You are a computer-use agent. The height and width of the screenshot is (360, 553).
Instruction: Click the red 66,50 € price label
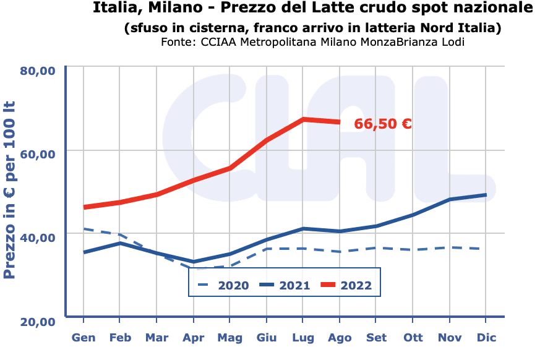click(x=383, y=124)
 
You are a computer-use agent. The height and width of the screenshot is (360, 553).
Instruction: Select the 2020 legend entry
click(x=223, y=285)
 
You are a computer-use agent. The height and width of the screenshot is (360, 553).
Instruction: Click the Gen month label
click(x=84, y=338)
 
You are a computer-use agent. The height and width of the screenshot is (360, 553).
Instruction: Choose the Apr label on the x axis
click(x=194, y=338)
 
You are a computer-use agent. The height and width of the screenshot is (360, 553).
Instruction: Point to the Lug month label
click(x=303, y=338)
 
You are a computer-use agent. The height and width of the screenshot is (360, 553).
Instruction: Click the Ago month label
click(x=340, y=338)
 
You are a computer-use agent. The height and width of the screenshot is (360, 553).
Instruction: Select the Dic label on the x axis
click(x=486, y=338)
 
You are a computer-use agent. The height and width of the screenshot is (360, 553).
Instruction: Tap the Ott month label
click(x=413, y=338)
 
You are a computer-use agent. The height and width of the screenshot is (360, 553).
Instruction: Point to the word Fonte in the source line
click(x=178, y=42)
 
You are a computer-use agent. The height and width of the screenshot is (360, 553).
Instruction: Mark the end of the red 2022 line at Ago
click(x=340, y=122)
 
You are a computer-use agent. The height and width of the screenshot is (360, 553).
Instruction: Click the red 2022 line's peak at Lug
click(x=303, y=119)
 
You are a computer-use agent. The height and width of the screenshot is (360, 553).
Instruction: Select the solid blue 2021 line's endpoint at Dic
click(x=486, y=195)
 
